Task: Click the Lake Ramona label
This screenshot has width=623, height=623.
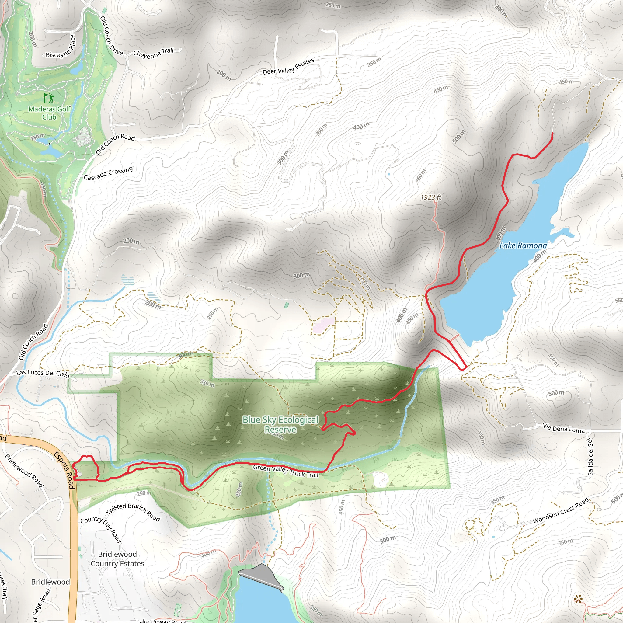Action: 523,246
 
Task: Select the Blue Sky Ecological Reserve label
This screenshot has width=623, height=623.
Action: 280,424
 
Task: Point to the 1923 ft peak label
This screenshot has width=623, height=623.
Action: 431,197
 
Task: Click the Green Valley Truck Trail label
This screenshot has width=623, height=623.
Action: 285,471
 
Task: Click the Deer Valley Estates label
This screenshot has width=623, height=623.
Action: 288,66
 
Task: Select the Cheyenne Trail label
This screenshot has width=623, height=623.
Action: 153,53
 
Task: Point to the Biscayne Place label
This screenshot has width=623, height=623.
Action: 61,47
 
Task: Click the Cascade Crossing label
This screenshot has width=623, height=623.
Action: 109,173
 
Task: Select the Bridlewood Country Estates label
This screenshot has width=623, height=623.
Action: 117,559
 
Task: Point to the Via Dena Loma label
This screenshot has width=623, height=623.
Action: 563,428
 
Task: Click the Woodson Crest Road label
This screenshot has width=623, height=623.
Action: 560,511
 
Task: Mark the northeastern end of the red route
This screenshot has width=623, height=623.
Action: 552,133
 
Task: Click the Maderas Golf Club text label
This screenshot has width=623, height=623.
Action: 49,113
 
